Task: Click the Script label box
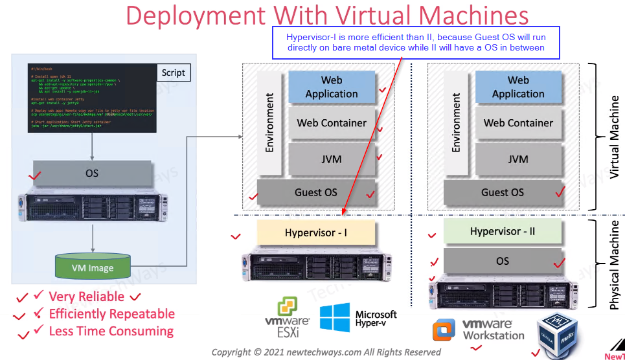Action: [x=173, y=73]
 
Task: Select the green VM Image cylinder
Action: [x=93, y=265]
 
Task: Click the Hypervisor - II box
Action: [x=503, y=232]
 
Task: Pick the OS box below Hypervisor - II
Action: [x=503, y=262]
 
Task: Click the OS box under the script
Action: [x=92, y=174]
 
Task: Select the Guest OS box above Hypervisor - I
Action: [x=316, y=192]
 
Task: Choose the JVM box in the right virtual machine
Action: [x=518, y=159]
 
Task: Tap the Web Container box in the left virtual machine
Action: [x=332, y=123]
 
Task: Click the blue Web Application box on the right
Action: [x=518, y=87]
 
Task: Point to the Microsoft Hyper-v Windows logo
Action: [x=335, y=318]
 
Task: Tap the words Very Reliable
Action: [x=87, y=297]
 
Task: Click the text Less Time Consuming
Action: [x=111, y=332]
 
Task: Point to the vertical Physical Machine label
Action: [x=615, y=264]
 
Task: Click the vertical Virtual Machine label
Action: [x=615, y=137]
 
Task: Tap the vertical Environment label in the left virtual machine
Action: [x=269, y=122]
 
